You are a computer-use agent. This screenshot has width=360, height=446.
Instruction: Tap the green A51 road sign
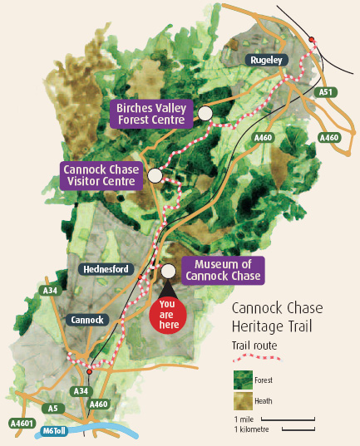pos(327,93)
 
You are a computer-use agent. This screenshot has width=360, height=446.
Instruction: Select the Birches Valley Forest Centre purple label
pos(151,113)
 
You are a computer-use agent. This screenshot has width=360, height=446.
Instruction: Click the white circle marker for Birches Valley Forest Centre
pos(205,113)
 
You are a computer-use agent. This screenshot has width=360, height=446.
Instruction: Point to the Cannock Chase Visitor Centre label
pos(101,176)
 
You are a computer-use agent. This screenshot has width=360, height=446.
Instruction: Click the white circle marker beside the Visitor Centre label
pos(155,175)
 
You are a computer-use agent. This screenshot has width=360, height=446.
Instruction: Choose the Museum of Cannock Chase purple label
pos(223,270)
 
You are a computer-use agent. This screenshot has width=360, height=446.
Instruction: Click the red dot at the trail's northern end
pos(312,39)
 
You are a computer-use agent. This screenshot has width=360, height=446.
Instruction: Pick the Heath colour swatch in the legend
pos(243,401)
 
